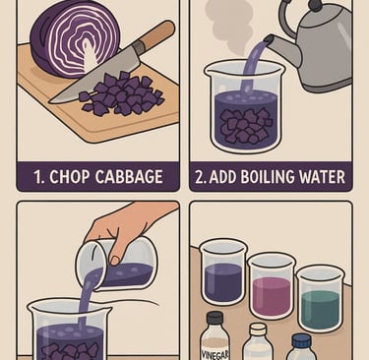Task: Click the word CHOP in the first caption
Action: point(69,177)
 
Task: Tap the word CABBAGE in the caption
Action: point(129,177)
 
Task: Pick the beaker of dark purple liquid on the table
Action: point(223,272)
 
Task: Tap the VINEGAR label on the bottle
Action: point(215,354)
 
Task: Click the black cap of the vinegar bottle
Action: point(215,319)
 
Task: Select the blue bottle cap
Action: point(301,341)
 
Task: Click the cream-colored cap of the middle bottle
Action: point(258,330)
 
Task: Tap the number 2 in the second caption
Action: point(200,177)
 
